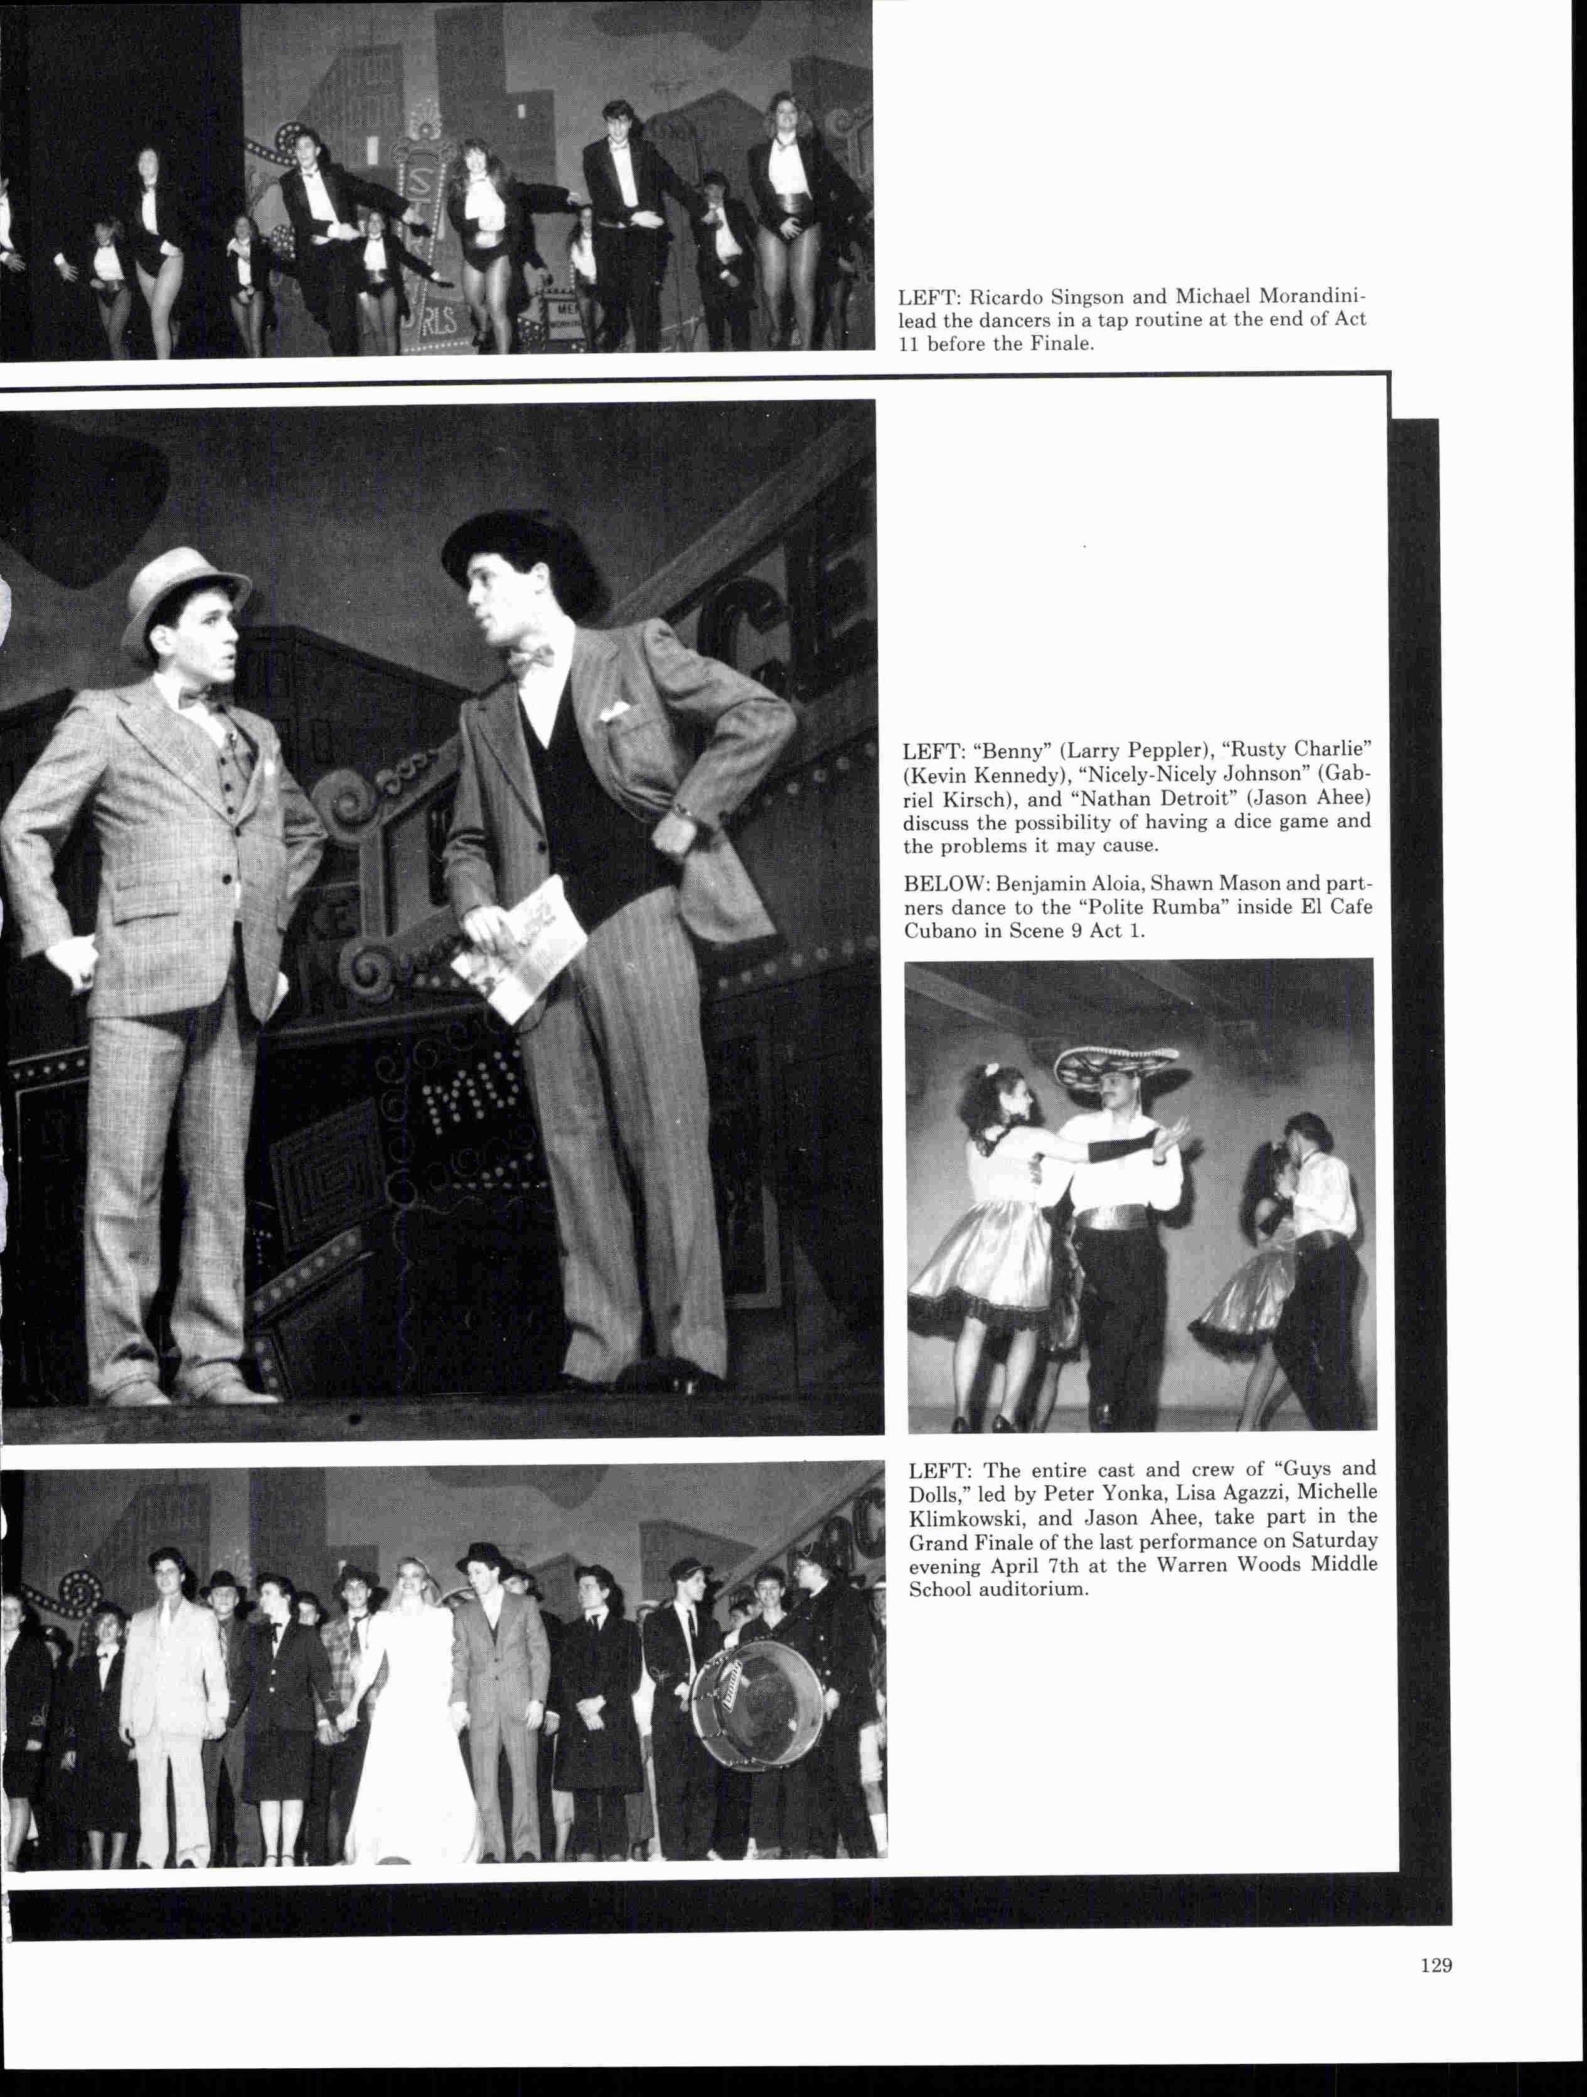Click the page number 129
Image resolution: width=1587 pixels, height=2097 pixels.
(x=1435, y=1965)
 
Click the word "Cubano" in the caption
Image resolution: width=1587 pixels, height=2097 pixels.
(x=939, y=931)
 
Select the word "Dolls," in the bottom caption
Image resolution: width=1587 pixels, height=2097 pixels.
(x=939, y=1494)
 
